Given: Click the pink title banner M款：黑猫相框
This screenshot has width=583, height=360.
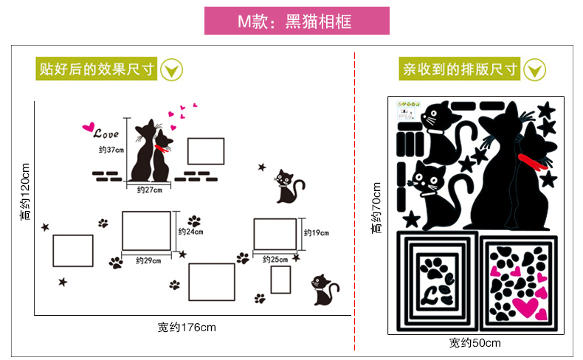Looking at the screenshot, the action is point(297,21).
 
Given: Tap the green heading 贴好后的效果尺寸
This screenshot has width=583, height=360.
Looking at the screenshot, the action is point(96,69).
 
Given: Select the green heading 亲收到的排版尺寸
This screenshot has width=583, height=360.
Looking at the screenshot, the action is point(460,69).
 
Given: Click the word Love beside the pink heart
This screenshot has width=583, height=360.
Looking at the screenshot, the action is point(106,134).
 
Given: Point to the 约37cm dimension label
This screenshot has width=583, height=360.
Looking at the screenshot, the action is point(111,150).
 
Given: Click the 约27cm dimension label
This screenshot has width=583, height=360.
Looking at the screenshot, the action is point(150,190).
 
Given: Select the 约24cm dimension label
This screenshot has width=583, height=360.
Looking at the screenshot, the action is point(190,232).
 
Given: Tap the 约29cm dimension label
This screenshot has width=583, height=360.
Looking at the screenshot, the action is point(148,260).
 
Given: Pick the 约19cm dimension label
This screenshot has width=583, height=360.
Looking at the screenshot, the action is point(317,232).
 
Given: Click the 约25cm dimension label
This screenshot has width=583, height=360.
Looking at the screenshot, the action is point(275,260).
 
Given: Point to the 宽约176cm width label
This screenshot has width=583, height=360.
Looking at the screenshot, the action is point(187,328).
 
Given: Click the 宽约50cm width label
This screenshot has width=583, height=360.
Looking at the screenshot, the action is point(475,342).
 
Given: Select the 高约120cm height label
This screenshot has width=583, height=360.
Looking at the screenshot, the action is point(25,192).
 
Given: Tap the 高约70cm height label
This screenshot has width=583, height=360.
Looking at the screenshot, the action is point(376,208).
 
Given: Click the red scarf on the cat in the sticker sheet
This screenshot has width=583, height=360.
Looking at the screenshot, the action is point(532,162).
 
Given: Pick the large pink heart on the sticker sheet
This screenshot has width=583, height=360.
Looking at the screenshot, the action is point(525,307).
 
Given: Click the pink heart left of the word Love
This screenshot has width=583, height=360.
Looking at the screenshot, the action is point(89,127).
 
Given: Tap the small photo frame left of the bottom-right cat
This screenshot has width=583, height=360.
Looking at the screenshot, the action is point(280,280).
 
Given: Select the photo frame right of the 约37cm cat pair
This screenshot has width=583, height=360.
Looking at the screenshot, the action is point(206,151).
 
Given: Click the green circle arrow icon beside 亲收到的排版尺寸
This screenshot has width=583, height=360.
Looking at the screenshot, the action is point(535,70).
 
